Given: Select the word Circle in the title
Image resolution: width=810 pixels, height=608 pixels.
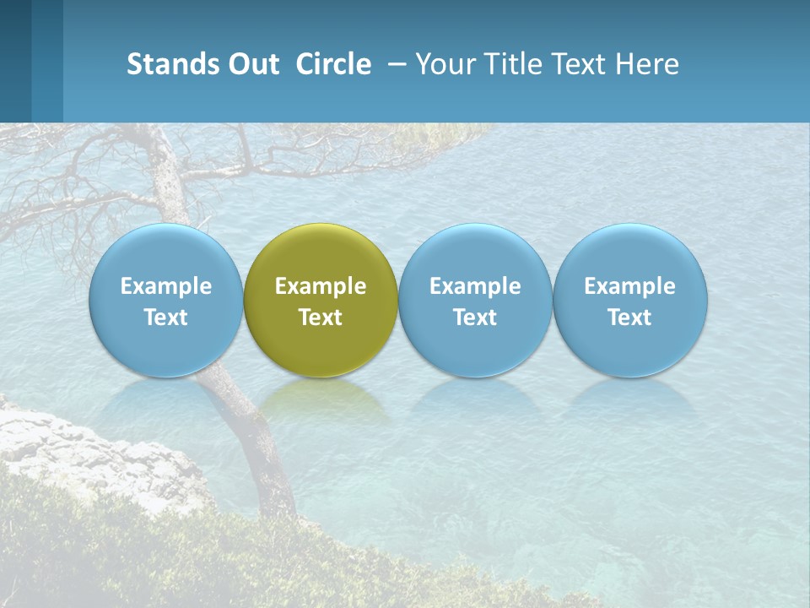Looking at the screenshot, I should tap(333, 64).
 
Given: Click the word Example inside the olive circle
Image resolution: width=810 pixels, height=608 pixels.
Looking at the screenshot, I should tap(321, 286).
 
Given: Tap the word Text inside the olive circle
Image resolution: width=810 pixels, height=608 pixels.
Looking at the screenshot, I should tap(321, 318).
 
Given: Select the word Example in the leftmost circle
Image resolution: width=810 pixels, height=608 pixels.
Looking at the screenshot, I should tap(165, 286).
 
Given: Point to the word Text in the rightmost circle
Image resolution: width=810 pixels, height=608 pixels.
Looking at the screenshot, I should tap(630, 318).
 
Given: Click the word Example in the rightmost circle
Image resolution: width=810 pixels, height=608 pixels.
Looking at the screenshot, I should tap(630, 286).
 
